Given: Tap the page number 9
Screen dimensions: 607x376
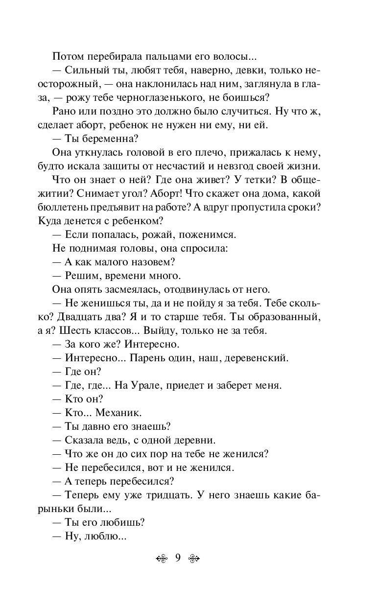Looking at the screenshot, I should (x=178, y=557).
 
